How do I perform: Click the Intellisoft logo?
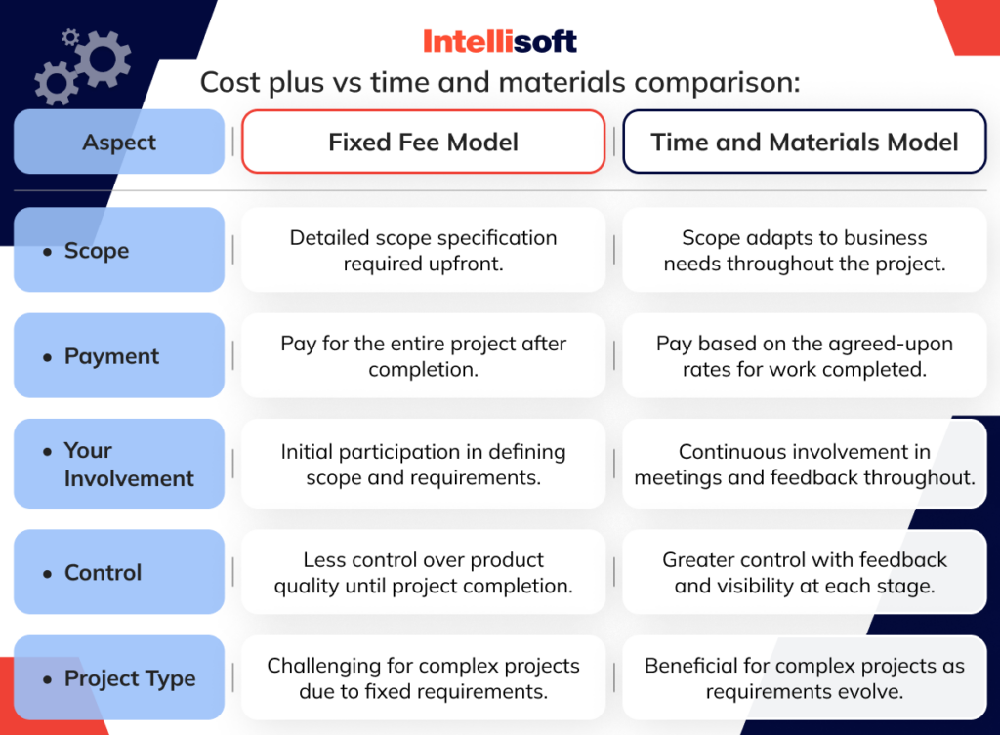[x=499, y=41]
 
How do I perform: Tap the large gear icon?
[x=101, y=60]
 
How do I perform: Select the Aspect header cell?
[x=119, y=143]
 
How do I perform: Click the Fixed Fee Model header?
[x=423, y=143]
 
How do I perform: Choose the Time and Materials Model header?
[x=804, y=143]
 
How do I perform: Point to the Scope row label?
[x=119, y=251]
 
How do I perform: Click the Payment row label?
[x=119, y=356]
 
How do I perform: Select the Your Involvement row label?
[x=119, y=465]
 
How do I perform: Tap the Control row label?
[x=119, y=573]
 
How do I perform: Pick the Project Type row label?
[x=119, y=678]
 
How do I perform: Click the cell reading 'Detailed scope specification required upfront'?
[x=423, y=251]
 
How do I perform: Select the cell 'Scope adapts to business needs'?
[x=804, y=251]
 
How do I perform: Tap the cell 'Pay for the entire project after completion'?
[x=423, y=356]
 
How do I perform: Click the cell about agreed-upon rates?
[x=804, y=356]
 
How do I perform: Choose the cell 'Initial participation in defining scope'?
[x=423, y=465]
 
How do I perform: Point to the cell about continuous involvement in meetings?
[x=804, y=465]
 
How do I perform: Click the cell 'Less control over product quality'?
[x=423, y=573]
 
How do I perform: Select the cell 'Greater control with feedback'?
[x=804, y=573]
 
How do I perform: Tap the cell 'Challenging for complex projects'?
[x=423, y=678]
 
